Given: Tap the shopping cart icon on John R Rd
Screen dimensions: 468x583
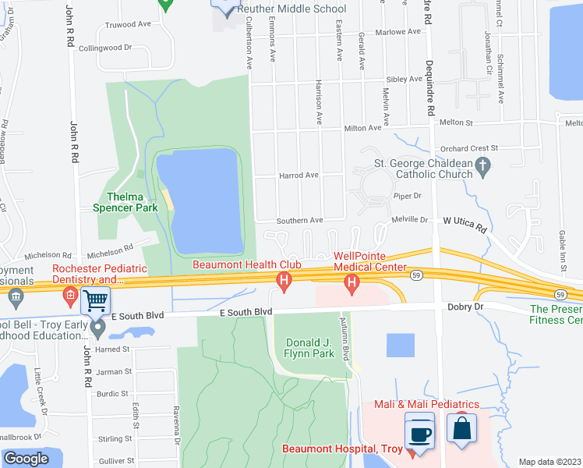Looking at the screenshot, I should click(x=95, y=300).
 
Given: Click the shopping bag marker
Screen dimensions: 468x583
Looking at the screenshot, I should click(x=461, y=428).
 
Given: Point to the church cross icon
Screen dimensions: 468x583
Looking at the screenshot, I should click(x=483, y=165).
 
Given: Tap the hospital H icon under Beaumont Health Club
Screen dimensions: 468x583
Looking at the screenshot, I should click(x=284, y=280).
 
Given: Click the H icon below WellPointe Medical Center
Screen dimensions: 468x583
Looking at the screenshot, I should click(x=352, y=282).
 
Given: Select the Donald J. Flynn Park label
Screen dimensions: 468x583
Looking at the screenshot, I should click(x=310, y=348).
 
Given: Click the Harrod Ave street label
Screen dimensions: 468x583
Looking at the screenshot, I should click(x=299, y=175).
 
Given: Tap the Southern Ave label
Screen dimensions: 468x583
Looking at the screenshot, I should click(x=300, y=221).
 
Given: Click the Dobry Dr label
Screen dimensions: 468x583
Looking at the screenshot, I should click(x=467, y=307).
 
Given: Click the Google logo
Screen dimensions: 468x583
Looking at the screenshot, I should click(x=26, y=459).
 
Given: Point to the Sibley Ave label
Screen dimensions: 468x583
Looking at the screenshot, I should click(x=405, y=80).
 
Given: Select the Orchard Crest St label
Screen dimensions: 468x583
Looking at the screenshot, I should click(x=468, y=148).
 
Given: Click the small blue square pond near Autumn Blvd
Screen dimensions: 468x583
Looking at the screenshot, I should click(x=401, y=346).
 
